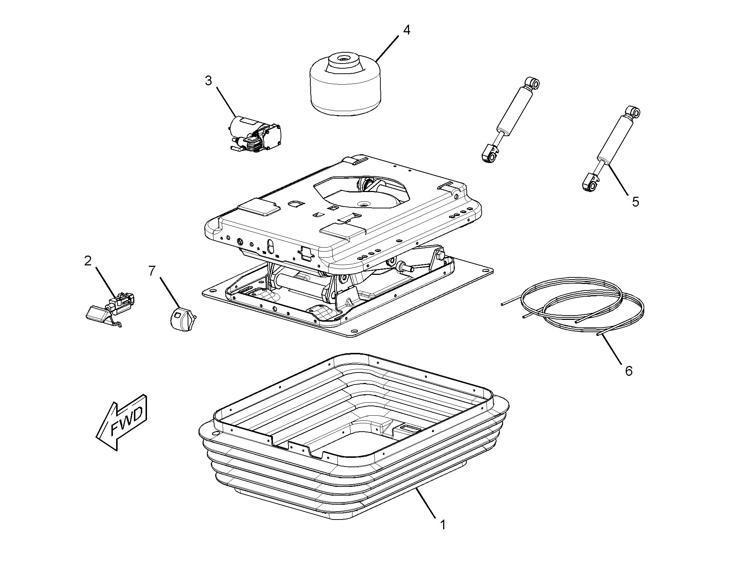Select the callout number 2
coord(88,261)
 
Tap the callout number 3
coord(208,81)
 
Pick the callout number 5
coord(635,202)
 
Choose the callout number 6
coord(629,371)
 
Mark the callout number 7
coord(151,270)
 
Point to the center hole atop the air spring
coord(343,58)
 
